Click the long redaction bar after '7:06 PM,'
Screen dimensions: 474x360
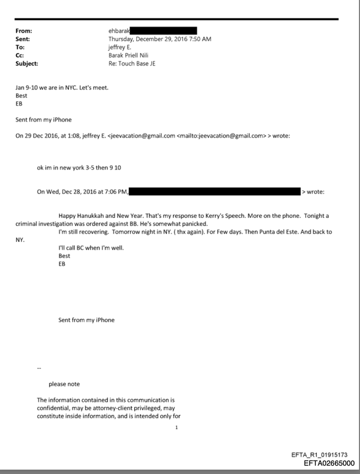point(215,191)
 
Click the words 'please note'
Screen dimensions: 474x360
point(64,384)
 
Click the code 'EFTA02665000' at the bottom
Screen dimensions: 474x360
point(329,464)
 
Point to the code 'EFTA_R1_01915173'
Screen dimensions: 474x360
point(322,455)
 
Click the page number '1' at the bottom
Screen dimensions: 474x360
point(176,427)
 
